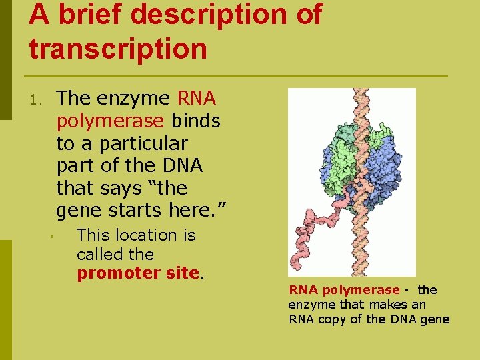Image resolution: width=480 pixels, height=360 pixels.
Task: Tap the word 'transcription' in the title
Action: point(118,49)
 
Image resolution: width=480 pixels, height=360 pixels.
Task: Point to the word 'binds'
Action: point(196,121)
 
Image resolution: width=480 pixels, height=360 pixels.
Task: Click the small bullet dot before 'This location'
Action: point(49,237)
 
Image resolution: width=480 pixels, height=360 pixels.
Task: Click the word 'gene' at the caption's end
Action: point(434,319)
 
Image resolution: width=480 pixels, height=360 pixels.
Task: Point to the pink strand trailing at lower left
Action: point(313,227)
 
